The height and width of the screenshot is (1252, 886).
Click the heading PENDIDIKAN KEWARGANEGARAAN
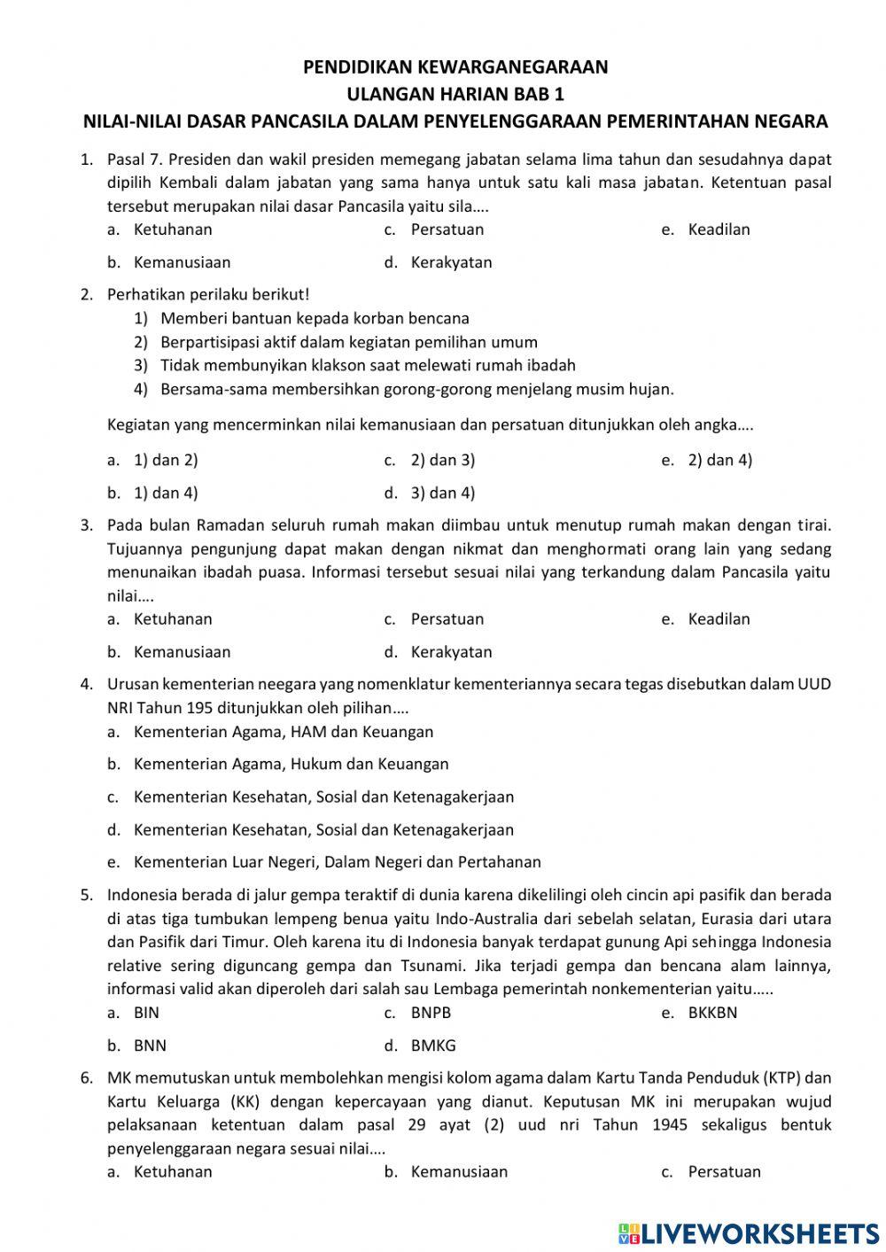[455, 67]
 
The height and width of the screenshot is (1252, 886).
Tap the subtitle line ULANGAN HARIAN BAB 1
[455, 94]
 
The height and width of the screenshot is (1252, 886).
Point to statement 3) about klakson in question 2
[367, 365]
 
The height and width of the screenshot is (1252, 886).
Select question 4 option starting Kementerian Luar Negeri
[337, 862]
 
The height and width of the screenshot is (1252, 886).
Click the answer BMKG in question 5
[432, 1046]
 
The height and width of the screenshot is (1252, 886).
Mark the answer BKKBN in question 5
[711, 1013]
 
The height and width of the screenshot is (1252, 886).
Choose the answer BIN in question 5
[146, 1013]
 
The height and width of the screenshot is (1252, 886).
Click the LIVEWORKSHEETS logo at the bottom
[749, 1233]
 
